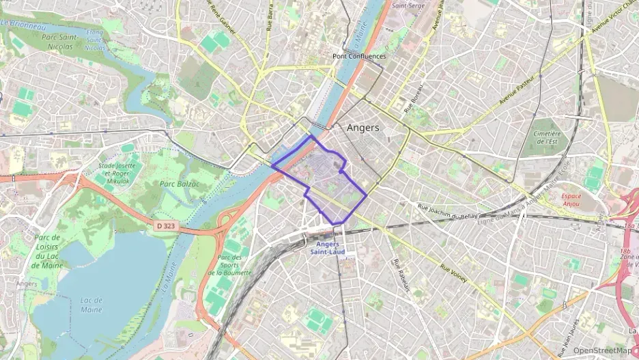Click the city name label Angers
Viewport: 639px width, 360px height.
(363, 128)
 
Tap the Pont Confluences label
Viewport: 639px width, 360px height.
(359, 57)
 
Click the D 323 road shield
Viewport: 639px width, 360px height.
(165, 225)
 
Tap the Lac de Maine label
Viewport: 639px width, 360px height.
(90, 305)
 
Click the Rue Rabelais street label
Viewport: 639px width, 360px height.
(402, 275)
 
